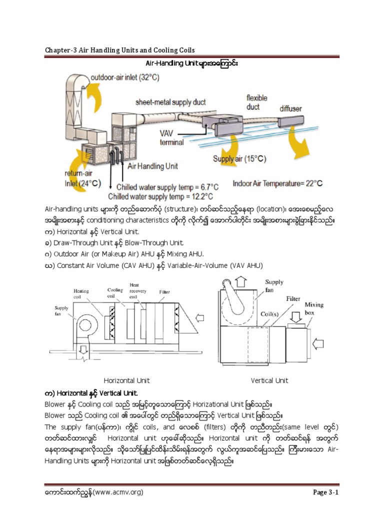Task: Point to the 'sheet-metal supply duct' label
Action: point(170,102)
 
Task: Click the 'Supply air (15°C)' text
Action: point(239,159)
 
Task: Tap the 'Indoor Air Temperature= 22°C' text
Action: point(277,183)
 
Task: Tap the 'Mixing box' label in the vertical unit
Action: point(314,308)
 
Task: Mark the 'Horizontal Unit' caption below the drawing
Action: point(126,380)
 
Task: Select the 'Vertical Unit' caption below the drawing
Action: point(269,380)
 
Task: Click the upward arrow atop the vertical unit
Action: point(241,281)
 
